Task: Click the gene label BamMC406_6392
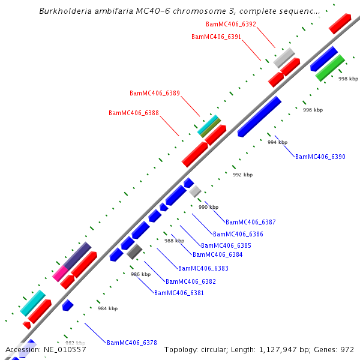point(230,24)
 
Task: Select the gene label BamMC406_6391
point(216,37)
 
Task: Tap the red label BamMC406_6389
point(155,93)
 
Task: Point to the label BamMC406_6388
point(134,113)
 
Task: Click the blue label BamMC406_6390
point(320,157)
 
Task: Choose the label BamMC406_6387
point(251,222)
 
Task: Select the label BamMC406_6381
point(179,293)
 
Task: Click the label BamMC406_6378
point(132,343)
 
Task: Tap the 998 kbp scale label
point(348,79)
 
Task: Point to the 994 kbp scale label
point(277,142)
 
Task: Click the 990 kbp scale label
point(209,207)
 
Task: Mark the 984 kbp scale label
point(108,308)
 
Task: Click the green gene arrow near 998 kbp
point(330,68)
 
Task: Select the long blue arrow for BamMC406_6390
point(259,116)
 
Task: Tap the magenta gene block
point(60,274)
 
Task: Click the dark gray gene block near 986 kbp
point(134,251)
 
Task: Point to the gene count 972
point(347,349)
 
